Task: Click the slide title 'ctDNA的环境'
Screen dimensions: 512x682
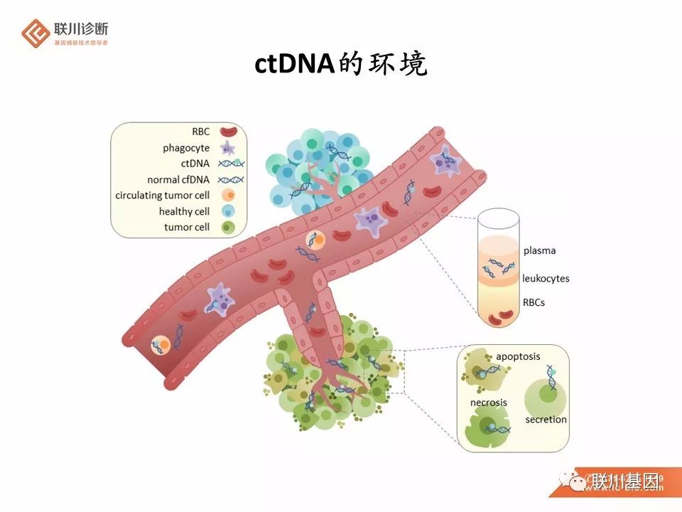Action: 341,65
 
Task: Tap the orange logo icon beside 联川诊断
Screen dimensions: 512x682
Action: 34,33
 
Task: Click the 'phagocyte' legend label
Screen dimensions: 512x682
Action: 186,148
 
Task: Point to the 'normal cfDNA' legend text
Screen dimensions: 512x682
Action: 178,179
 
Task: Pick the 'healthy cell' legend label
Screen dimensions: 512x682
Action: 185,211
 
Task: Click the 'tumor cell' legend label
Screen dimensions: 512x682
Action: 187,227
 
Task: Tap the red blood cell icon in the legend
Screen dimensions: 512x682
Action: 228,132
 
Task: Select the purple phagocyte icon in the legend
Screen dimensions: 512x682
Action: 228,148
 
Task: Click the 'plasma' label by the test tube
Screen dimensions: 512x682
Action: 539,250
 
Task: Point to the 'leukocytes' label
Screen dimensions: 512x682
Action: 546,278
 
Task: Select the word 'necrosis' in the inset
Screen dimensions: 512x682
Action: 489,402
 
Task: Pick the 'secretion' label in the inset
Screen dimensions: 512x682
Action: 546,420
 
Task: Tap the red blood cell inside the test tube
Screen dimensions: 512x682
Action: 505,314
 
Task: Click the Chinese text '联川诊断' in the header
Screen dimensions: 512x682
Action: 81,29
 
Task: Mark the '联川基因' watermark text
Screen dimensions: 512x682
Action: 625,481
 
